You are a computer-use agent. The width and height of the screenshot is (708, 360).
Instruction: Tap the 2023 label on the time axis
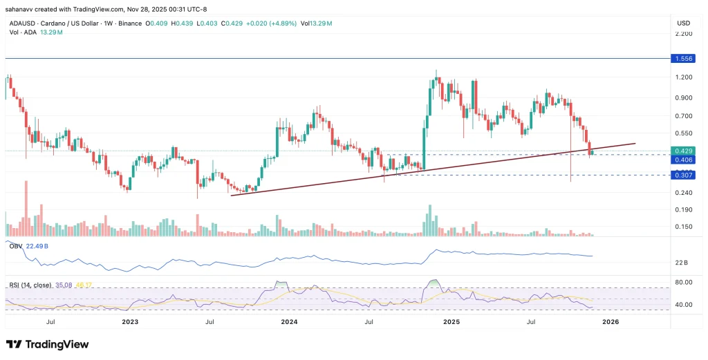click(x=129, y=321)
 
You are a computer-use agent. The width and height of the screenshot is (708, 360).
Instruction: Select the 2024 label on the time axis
click(x=289, y=321)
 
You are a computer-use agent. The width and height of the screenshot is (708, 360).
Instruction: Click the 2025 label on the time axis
click(x=451, y=321)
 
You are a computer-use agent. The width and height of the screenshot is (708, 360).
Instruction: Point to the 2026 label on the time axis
click(x=611, y=321)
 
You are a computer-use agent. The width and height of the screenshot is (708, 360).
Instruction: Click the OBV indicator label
click(x=15, y=245)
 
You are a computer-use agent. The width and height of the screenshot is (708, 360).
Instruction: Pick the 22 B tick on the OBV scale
click(x=681, y=263)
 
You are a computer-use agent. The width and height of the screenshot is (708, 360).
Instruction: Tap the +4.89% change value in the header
click(x=281, y=23)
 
